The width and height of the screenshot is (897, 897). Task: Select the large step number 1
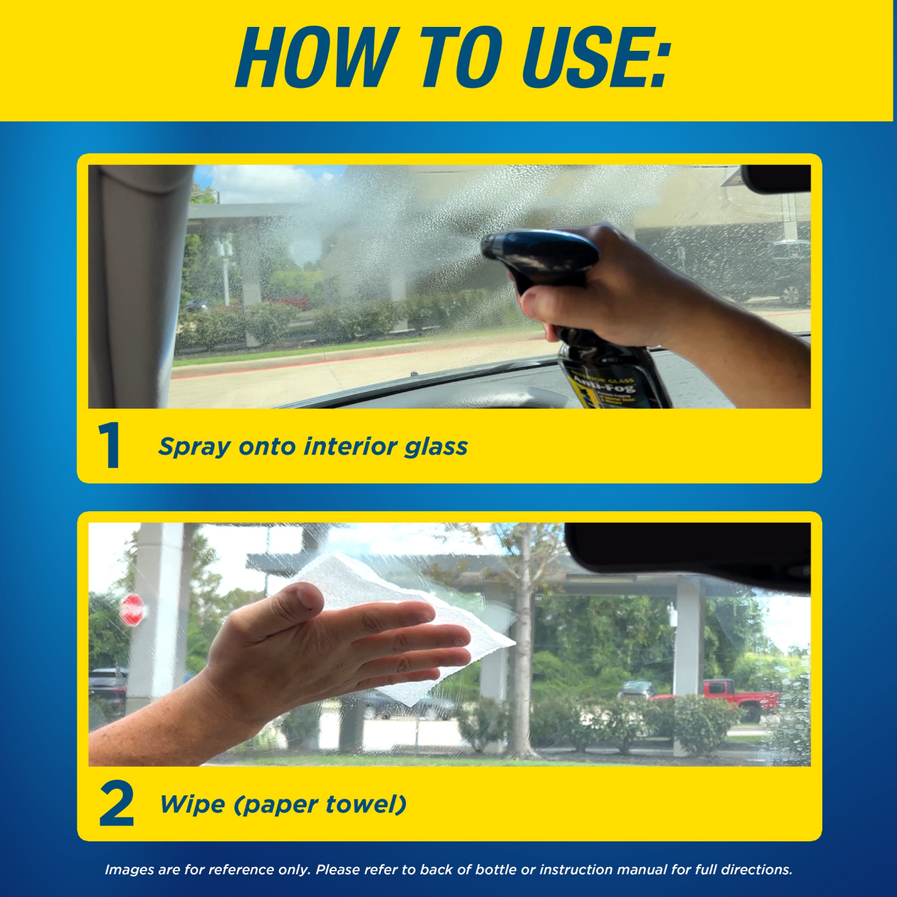click(x=110, y=446)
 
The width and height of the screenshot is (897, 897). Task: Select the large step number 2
click(x=117, y=804)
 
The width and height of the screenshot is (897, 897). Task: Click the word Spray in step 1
click(x=194, y=447)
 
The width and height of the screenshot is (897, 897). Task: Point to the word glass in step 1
click(x=436, y=447)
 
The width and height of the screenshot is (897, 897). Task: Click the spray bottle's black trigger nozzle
click(x=538, y=251)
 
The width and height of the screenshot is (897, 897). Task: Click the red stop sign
click(x=132, y=610)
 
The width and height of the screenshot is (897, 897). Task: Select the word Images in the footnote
click(x=129, y=869)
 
